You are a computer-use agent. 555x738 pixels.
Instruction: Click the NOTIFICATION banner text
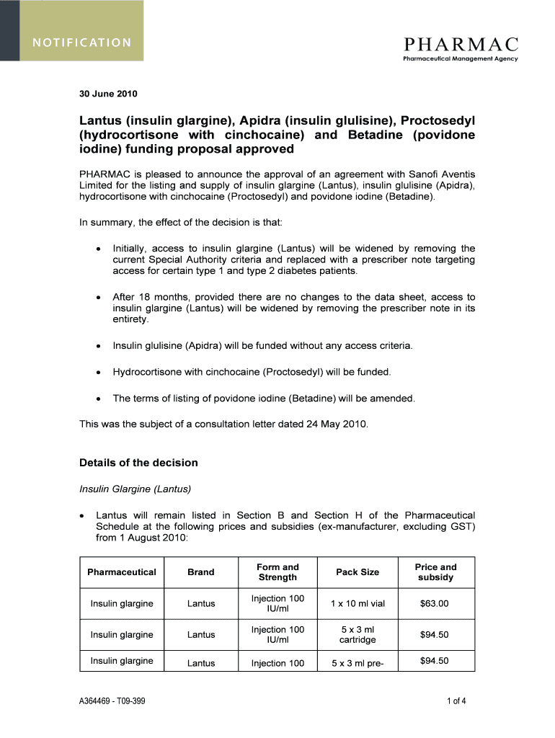(80, 42)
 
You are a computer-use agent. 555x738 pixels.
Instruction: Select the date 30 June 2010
(108, 94)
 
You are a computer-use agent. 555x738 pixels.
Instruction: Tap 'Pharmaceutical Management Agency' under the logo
(460, 59)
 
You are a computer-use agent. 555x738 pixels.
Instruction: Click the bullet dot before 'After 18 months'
(97, 298)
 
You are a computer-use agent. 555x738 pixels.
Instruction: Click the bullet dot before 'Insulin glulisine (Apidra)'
(97, 347)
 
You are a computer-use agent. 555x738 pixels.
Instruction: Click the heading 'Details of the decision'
(138, 463)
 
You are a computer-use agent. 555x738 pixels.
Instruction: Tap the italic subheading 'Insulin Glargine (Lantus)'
(135, 489)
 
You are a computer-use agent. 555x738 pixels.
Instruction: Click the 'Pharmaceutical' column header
(122, 572)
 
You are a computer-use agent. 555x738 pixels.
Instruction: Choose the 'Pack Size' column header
(358, 572)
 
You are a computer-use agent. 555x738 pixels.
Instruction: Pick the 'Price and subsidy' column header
(435, 572)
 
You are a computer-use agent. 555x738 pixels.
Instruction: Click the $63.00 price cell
(435, 604)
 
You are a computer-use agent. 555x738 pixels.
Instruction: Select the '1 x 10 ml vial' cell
(358, 604)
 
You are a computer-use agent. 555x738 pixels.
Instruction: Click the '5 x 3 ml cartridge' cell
(358, 635)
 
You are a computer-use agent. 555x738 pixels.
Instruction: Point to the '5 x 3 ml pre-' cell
(358, 663)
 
